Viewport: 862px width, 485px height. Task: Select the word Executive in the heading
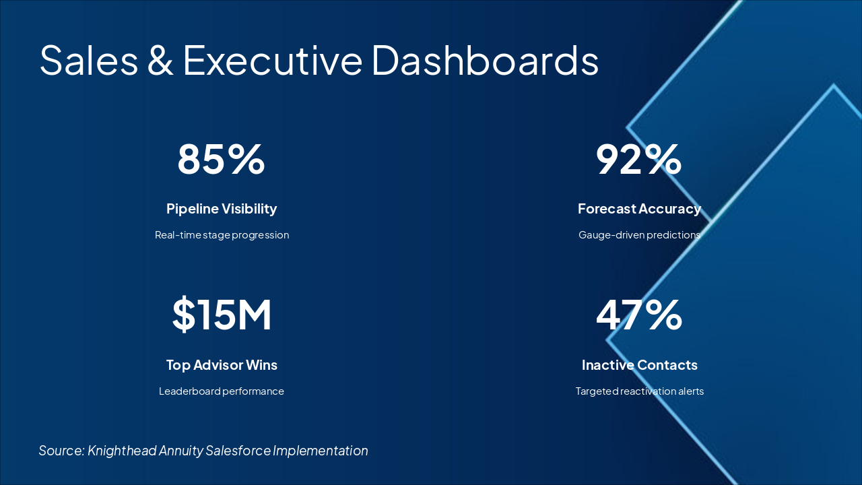click(273, 59)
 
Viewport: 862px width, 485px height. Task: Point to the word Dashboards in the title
click(485, 59)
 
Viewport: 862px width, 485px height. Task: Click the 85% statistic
click(221, 159)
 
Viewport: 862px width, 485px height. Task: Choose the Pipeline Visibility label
click(222, 209)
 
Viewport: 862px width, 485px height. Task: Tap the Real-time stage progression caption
click(222, 235)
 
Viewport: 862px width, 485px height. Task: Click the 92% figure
click(638, 159)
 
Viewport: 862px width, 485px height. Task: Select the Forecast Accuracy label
click(639, 209)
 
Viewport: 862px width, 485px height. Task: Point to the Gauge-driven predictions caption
click(639, 235)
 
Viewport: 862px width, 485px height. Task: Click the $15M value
click(222, 315)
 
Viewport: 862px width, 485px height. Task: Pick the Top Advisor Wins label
click(222, 365)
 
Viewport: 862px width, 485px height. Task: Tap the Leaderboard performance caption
click(222, 391)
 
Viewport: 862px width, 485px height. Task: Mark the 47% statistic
click(639, 315)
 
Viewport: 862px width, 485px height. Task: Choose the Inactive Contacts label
click(639, 365)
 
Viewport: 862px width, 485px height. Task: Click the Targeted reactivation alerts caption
click(639, 391)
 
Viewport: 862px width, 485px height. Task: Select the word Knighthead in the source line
click(121, 451)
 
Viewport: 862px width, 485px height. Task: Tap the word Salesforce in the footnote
click(238, 451)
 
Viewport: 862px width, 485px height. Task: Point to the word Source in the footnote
click(61, 451)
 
